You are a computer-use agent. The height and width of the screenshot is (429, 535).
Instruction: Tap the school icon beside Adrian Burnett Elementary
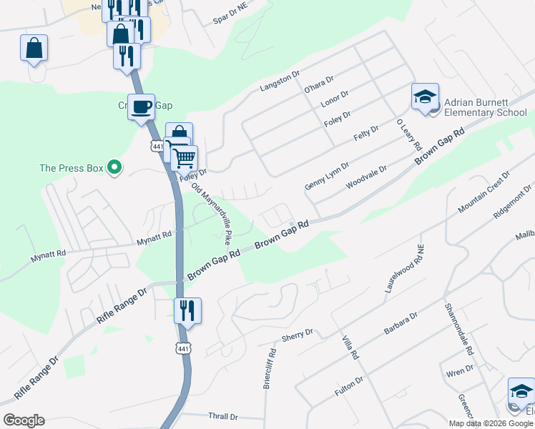click(425, 97)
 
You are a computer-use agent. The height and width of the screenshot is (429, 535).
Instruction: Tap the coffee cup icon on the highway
click(141, 108)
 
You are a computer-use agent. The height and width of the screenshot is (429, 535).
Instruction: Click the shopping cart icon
click(185, 157)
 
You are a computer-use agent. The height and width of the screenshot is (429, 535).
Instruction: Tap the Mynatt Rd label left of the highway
click(155, 235)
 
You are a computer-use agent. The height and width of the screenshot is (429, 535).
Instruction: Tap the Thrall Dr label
click(222, 416)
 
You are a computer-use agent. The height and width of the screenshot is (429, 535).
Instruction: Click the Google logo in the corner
click(24, 420)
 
